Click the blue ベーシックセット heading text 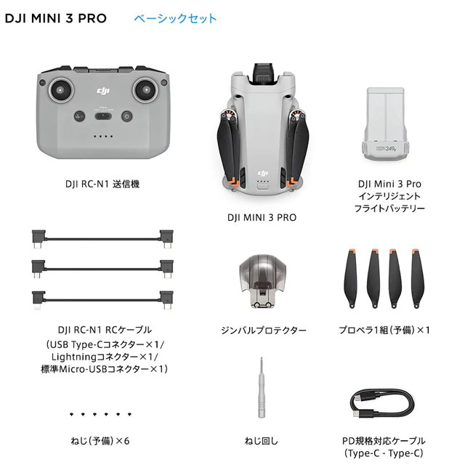point(175,18)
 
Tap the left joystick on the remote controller point(61,90)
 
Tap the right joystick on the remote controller point(145,89)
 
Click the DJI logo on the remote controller point(103,90)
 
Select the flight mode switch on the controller point(103,116)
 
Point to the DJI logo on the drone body point(263,173)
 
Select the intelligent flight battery point(385,124)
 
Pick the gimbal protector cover point(262,281)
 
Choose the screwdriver point(261,387)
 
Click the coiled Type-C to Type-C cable point(382,403)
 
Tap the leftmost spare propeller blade point(351,278)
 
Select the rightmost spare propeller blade point(418,278)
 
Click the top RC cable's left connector point(39,238)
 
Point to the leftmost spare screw point(71,414)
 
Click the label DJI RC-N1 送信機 point(102,184)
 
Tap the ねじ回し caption point(261,441)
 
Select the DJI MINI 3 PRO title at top point(56,18)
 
